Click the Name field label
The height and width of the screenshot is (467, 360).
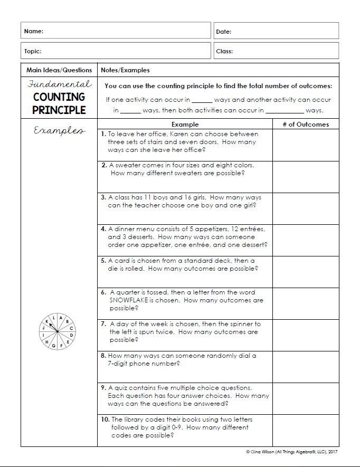(x=34, y=32)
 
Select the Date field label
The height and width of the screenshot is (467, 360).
(x=224, y=32)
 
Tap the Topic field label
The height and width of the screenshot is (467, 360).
(x=33, y=52)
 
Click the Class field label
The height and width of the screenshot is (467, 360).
(x=224, y=52)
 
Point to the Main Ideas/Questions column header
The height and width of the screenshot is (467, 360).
(x=59, y=70)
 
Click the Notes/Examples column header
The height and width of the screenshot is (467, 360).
(x=125, y=70)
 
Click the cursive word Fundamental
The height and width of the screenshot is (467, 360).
(x=59, y=84)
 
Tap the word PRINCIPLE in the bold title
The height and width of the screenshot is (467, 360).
(x=59, y=110)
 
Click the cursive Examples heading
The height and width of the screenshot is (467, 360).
(x=59, y=130)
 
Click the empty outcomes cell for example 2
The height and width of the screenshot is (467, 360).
(x=305, y=177)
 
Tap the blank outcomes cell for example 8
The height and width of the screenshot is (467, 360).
(x=305, y=367)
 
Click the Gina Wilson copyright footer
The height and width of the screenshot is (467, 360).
(x=291, y=452)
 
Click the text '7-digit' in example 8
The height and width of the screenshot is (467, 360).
(x=119, y=364)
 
